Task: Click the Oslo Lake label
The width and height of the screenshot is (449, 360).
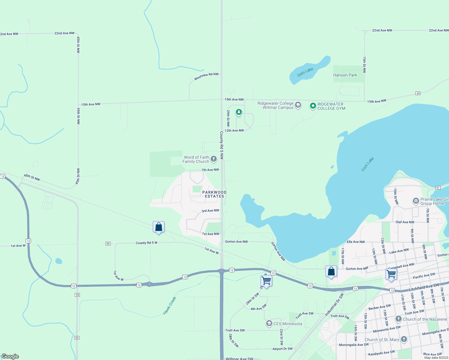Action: point(305,72)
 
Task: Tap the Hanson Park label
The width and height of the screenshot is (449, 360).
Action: point(345,75)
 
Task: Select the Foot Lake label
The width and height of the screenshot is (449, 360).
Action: point(367,164)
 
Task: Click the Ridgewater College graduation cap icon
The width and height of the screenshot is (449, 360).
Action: point(298,105)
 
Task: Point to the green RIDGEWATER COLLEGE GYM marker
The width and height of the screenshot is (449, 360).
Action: point(313,106)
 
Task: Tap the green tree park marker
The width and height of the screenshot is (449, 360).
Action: point(239,112)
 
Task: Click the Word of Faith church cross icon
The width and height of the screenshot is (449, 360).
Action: point(213,159)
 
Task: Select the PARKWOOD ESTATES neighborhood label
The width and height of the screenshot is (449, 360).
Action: point(214,194)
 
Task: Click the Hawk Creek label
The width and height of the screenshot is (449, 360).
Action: point(170,306)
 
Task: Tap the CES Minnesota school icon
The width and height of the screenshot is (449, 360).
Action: point(269,324)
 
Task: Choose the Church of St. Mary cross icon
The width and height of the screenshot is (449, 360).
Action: point(404,339)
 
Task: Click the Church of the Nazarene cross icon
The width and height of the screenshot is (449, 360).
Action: point(398,319)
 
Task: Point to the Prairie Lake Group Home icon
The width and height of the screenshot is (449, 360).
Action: point(416,201)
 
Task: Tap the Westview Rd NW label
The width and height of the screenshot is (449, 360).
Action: point(206,76)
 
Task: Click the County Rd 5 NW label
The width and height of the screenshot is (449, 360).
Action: point(221,145)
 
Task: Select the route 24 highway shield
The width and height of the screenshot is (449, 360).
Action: point(418,93)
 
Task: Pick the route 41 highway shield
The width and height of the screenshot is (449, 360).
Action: point(438,188)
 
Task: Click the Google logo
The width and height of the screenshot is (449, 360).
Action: point(10,356)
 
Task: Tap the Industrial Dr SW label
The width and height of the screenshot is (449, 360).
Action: point(334,305)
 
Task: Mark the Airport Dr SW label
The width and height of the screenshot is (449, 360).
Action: point(282,349)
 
